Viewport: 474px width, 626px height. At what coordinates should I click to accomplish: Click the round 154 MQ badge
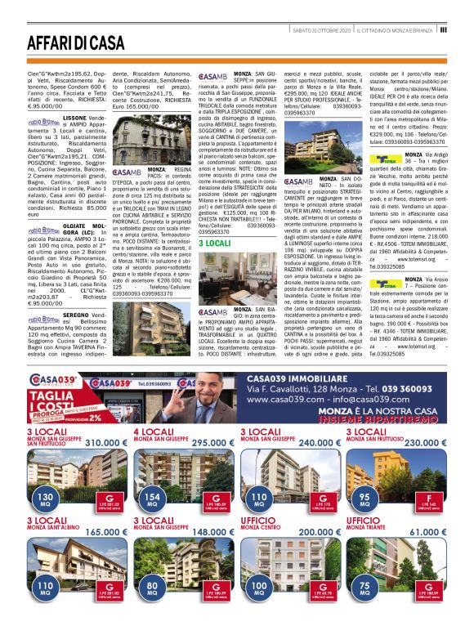[151, 499]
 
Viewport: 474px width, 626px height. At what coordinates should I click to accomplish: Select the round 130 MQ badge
[45, 499]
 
